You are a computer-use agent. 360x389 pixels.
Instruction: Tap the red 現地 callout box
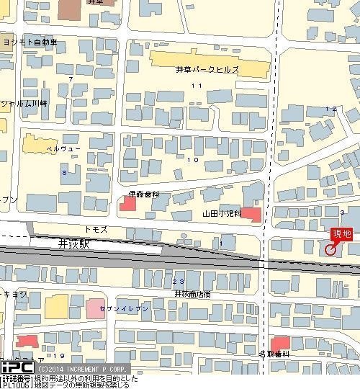[x=341, y=234]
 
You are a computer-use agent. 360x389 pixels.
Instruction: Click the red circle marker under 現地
[x=330, y=250]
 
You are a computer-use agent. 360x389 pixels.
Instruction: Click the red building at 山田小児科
[x=251, y=213]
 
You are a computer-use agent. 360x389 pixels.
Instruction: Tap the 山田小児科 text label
[x=220, y=215]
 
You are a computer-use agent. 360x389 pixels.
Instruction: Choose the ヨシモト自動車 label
[x=30, y=44]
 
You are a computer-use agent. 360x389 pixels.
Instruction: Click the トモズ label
[x=96, y=228]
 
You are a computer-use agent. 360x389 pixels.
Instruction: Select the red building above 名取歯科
[x=279, y=344]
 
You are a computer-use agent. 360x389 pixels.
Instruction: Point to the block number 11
[x=196, y=86]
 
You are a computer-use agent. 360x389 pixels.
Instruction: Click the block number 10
[x=192, y=160]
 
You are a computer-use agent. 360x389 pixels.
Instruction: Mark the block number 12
[x=330, y=109]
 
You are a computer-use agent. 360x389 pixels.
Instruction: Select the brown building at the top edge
[x=71, y=9]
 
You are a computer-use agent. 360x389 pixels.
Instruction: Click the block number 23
[x=178, y=281]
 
